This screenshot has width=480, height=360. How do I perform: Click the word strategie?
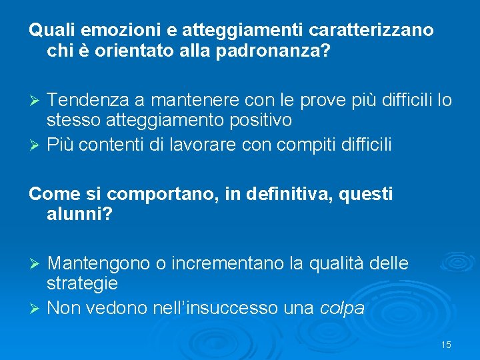pos(83,284)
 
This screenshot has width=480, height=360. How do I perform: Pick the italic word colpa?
pos(342,309)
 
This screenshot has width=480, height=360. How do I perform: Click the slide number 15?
pos(446,345)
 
